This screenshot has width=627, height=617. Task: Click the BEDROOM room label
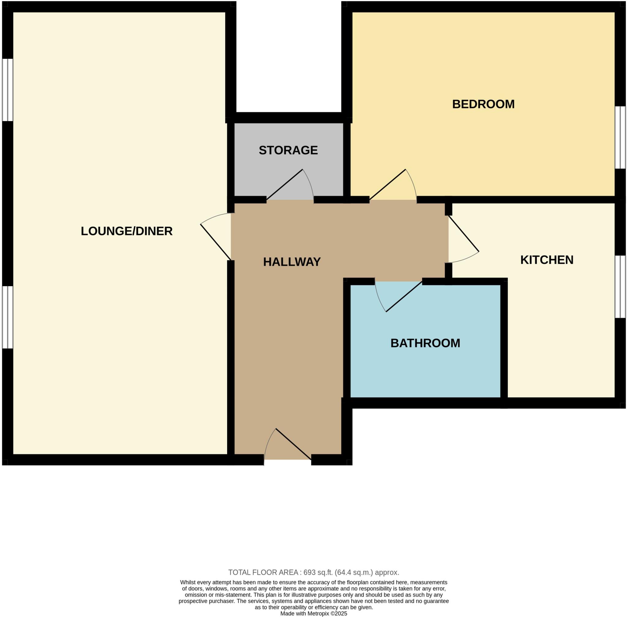483,104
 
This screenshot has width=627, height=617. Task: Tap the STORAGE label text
288,150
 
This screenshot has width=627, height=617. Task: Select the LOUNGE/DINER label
127,231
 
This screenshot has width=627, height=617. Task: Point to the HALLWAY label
291,262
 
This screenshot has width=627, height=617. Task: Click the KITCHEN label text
546,260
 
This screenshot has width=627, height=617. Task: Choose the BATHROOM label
425,343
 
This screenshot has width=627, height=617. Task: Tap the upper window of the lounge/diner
7,90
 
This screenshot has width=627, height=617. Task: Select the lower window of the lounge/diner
7,317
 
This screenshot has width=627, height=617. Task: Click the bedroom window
620,137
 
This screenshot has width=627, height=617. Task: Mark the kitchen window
620,287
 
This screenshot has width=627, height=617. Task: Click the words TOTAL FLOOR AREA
263,572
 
